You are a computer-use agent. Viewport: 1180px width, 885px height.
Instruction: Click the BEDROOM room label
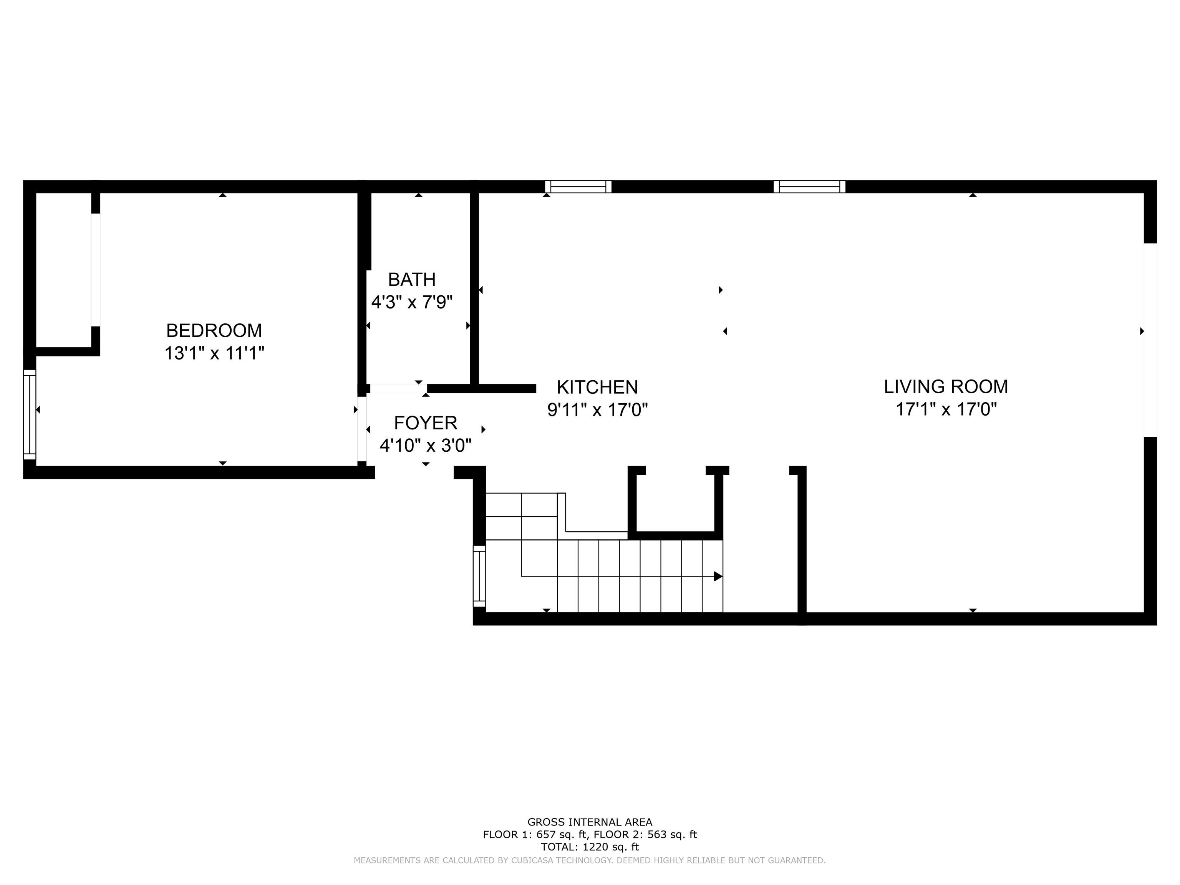[x=214, y=331]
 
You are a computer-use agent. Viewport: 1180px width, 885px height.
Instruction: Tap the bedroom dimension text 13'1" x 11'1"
[x=214, y=353]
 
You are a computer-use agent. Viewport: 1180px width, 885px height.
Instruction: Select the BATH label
[x=412, y=280]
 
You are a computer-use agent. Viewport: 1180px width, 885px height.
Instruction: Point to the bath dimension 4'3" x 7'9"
[x=412, y=302]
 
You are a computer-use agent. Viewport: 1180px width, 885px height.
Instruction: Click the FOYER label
[x=426, y=423]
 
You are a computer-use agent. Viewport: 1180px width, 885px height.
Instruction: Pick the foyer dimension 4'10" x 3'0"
[x=426, y=446]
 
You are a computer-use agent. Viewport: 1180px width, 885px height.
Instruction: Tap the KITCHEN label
[x=597, y=387]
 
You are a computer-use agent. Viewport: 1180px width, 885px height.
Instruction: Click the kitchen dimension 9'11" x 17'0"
[x=597, y=410]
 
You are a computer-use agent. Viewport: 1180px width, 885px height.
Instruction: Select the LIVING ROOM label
[x=946, y=387]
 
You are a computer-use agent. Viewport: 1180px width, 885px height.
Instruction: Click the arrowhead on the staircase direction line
[x=718, y=576]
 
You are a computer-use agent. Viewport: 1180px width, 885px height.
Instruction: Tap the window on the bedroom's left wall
[x=29, y=414]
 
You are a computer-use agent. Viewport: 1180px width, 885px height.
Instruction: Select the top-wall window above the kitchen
[x=578, y=187]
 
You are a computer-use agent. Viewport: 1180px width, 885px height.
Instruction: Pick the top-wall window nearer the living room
[x=809, y=187]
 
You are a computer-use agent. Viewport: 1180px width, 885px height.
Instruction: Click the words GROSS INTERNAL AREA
[x=590, y=822]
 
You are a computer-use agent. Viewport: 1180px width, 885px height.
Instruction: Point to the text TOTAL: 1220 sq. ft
[x=590, y=847]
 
